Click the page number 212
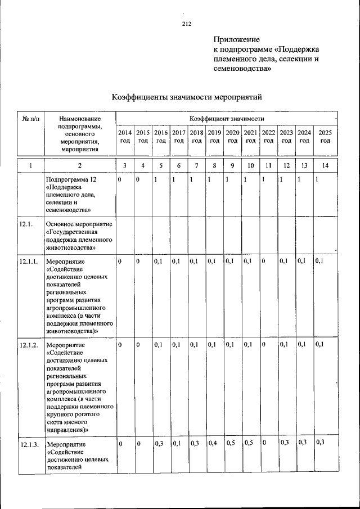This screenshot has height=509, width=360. click(x=187, y=24)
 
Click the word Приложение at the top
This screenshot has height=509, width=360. click(x=236, y=39)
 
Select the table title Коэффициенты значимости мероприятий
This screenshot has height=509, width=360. click(x=187, y=97)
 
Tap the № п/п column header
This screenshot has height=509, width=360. click(x=30, y=119)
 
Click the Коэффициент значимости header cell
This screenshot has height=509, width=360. click(x=226, y=119)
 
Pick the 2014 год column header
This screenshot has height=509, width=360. click(x=125, y=136)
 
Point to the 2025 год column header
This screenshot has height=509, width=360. click(x=325, y=136)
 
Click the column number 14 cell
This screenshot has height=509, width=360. click(x=325, y=165)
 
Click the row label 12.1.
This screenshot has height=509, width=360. click(x=26, y=224)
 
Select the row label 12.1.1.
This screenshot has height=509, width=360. click(x=29, y=262)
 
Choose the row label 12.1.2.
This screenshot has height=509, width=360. click(x=29, y=345)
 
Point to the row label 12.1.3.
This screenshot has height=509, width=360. click(x=29, y=444)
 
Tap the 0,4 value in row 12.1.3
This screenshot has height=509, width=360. click(x=212, y=443)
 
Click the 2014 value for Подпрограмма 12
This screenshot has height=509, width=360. click(x=120, y=179)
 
